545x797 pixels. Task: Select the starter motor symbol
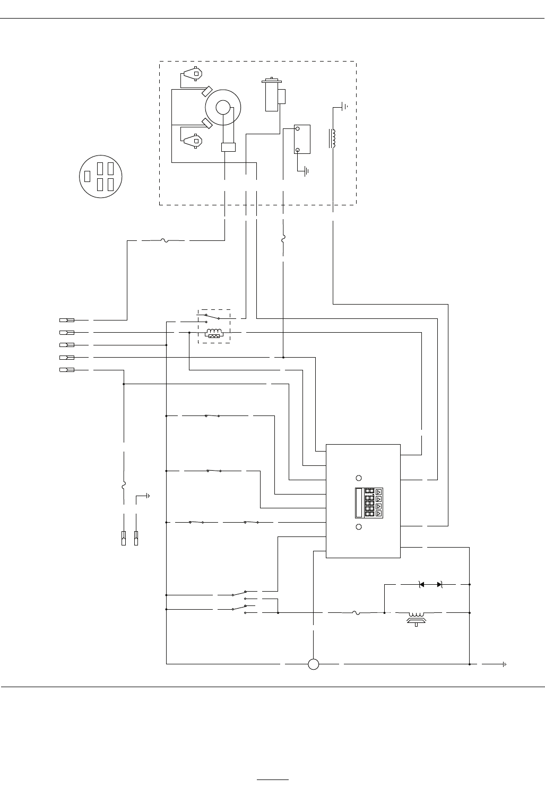(272, 95)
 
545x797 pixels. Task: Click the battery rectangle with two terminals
(302, 139)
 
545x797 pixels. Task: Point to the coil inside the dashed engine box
(333, 138)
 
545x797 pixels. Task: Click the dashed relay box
(214, 326)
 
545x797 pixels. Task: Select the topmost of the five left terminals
(66, 320)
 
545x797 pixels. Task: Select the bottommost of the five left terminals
(66, 369)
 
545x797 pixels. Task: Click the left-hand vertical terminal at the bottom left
(124, 538)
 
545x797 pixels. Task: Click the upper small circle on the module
(358, 478)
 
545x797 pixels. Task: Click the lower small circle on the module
(358, 527)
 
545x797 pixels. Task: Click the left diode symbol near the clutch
(421, 584)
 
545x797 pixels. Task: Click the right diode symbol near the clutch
(439, 584)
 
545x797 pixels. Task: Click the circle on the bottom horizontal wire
(313, 664)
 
